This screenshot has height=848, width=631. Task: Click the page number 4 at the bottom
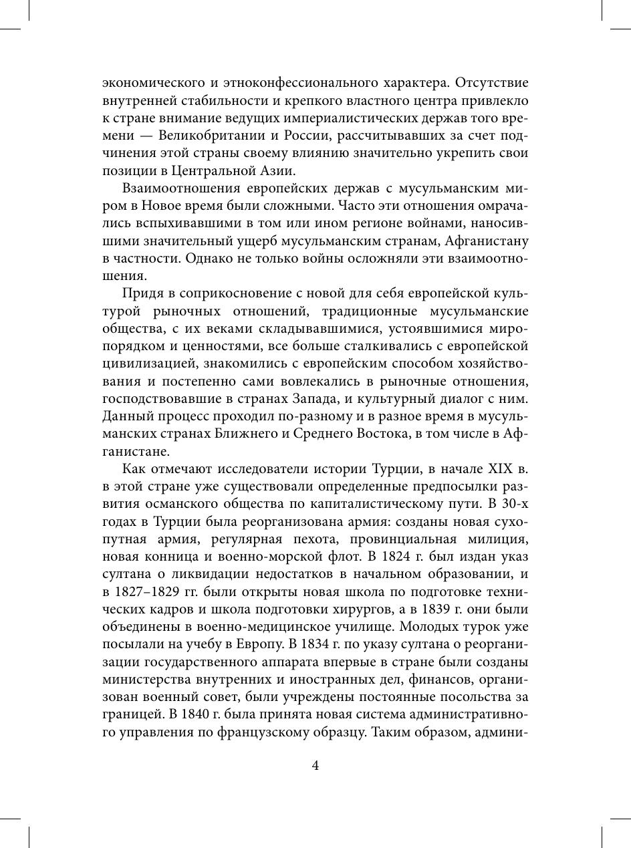[x=315, y=766]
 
